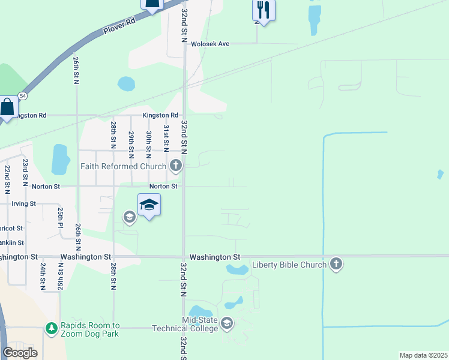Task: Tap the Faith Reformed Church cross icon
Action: pos(176,166)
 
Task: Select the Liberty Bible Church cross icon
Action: pos(336,264)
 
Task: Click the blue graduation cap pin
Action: pos(149,206)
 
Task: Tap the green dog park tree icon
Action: pos(52,328)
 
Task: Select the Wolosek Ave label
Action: pos(211,44)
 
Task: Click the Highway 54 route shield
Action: pos(22,95)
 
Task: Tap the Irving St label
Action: pos(24,204)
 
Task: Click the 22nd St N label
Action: pos(7,179)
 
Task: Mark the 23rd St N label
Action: pos(25,172)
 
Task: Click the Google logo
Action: pos(20,353)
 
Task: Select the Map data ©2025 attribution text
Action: pos(423,355)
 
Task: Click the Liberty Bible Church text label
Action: pos(289,265)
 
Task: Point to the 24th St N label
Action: pos(43,277)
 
